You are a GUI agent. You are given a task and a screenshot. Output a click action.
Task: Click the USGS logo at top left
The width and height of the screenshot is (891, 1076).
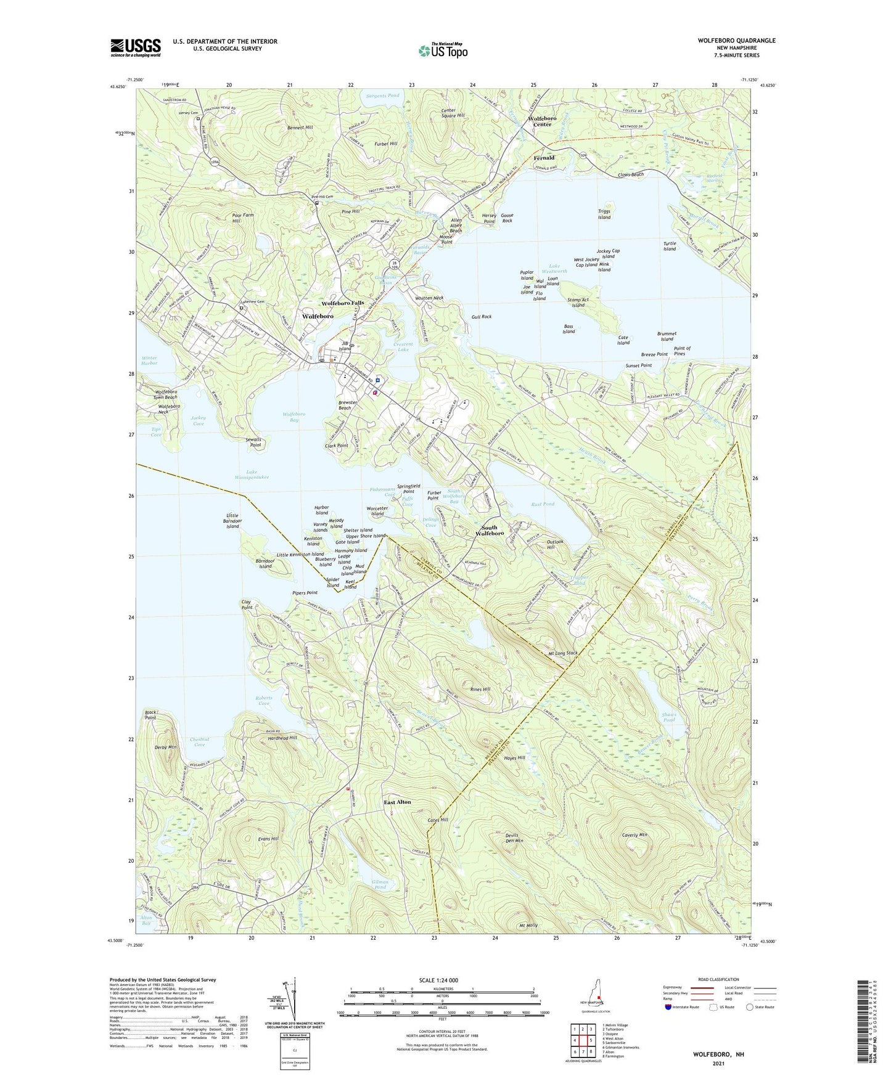tap(136, 47)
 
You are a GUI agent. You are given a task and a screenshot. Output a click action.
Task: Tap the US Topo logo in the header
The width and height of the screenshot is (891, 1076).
tap(443, 51)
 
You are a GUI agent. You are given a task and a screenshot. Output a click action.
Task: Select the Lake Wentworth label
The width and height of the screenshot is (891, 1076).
tap(554, 269)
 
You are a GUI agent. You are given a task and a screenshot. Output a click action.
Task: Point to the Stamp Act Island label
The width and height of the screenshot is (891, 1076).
tap(578, 303)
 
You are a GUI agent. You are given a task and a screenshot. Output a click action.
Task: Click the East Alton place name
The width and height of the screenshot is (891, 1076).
tap(397, 802)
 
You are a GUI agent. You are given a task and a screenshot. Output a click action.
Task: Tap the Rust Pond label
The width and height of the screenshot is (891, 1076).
tap(543, 504)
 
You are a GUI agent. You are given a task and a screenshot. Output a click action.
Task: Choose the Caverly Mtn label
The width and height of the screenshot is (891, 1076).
tap(634, 835)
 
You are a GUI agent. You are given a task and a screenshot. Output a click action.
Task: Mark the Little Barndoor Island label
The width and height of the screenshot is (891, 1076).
tap(232, 521)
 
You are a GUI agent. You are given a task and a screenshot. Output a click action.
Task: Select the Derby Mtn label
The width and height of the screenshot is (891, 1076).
tap(163, 747)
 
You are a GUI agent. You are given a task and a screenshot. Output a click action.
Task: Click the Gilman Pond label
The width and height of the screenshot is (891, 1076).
tap(380, 884)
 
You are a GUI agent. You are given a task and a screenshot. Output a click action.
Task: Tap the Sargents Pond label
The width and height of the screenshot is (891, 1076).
tap(382, 96)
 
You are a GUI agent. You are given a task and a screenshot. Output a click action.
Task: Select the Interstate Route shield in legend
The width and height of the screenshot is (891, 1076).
tap(669, 1007)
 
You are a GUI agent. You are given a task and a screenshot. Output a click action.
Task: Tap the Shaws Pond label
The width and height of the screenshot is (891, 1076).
tap(669, 717)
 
